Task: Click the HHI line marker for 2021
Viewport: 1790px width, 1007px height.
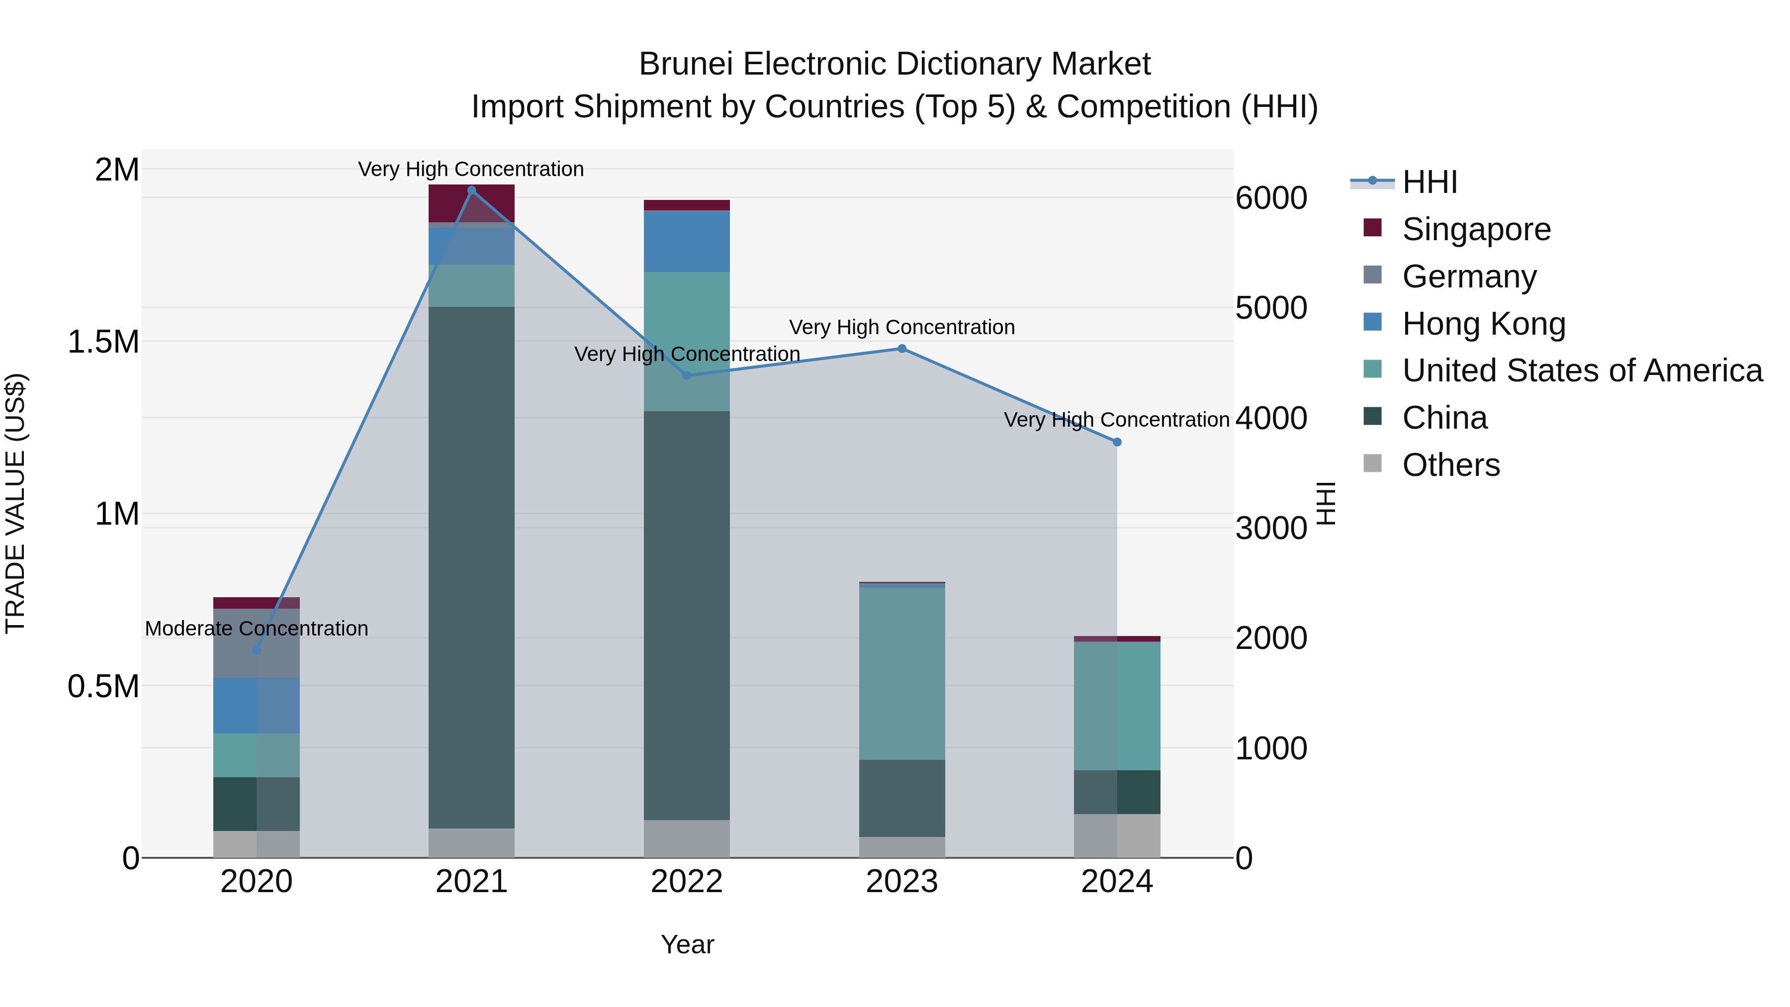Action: (472, 190)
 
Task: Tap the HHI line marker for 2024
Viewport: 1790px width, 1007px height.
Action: (1117, 442)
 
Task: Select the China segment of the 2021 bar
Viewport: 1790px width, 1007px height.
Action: (472, 566)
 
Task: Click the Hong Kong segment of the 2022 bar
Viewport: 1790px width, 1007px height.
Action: (687, 241)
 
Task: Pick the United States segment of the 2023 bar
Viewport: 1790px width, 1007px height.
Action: (902, 673)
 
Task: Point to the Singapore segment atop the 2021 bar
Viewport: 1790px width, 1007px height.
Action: (472, 203)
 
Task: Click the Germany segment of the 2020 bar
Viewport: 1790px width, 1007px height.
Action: (257, 643)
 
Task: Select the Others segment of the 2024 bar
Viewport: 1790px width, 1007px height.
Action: (1117, 835)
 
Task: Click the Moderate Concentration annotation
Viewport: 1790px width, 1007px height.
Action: (257, 628)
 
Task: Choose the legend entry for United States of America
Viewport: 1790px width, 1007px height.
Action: (1582, 370)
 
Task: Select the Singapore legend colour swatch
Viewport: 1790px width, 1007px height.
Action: (1372, 228)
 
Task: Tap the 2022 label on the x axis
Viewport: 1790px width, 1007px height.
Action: (687, 882)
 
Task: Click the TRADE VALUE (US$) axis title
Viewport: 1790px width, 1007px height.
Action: (15, 503)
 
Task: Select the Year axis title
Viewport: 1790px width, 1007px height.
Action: (687, 944)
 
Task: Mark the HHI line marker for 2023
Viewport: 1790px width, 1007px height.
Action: (902, 349)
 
